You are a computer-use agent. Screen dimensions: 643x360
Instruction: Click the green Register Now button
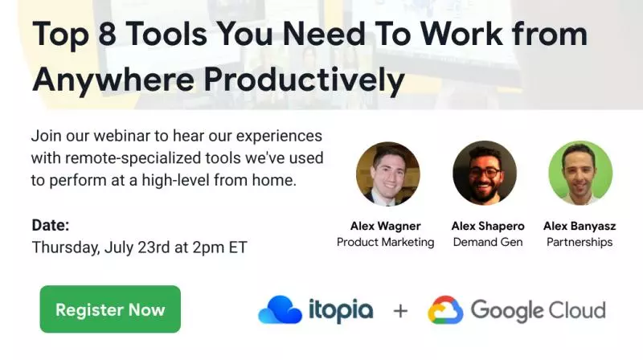(110, 309)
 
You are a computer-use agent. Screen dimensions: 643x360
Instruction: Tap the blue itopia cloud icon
(281, 309)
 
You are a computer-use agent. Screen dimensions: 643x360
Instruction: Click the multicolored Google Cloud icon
(445, 310)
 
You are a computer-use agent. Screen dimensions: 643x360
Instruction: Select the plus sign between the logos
(400, 311)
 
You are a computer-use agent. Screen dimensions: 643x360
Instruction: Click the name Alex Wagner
(386, 226)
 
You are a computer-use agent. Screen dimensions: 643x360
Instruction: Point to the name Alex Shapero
(488, 226)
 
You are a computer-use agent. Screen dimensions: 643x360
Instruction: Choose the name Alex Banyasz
(580, 226)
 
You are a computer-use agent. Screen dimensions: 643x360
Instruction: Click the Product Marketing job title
(386, 242)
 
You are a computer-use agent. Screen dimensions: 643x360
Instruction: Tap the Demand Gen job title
(488, 242)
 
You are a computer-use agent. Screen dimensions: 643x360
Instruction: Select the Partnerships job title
(580, 242)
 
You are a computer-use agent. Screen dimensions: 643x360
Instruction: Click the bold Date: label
(51, 225)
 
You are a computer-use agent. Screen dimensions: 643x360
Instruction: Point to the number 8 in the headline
(108, 34)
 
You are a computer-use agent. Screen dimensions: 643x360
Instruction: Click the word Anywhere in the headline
(113, 80)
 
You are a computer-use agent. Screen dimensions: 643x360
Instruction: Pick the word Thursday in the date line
(66, 247)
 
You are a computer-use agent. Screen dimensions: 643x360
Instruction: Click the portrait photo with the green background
(580, 173)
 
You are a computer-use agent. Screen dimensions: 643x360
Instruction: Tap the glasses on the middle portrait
(485, 172)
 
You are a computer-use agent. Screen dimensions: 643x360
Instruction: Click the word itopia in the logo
(341, 311)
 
